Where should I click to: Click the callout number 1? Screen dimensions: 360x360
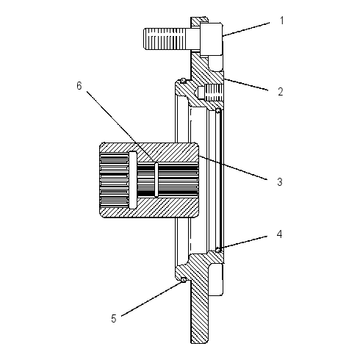click(x=282, y=21)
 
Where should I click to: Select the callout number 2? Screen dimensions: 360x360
click(x=281, y=91)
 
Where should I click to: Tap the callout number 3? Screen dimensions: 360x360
click(x=280, y=182)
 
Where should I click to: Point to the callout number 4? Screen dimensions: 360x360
click(x=279, y=234)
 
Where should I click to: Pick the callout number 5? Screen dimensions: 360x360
click(x=114, y=319)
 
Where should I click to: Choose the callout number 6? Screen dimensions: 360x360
click(x=79, y=86)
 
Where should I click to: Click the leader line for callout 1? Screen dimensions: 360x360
click(x=246, y=29)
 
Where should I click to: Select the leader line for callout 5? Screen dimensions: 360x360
click(x=152, y=298)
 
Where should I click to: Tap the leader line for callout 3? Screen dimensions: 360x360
click(x=233, y=168)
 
